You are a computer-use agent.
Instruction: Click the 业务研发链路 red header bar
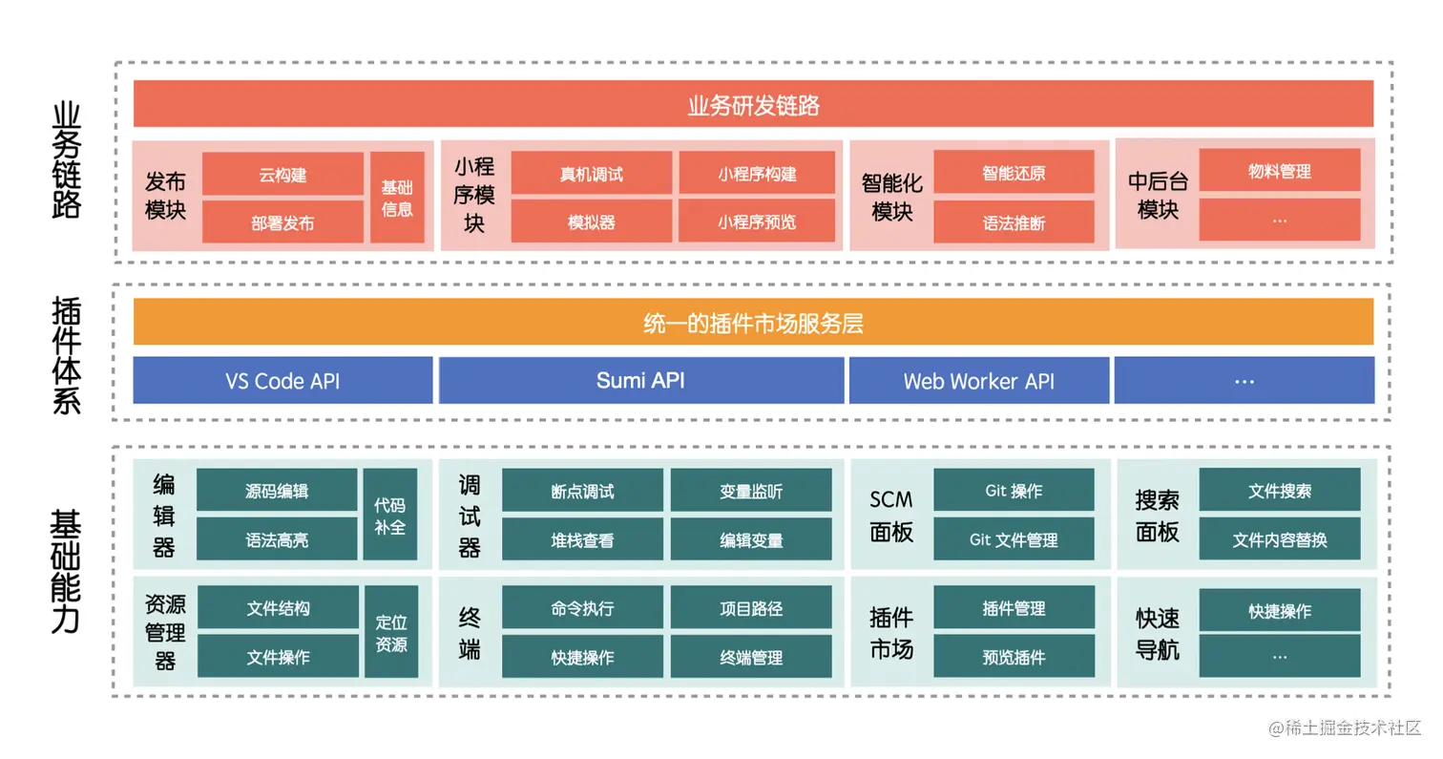point(753,104)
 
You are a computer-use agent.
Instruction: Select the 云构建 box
point(282,175)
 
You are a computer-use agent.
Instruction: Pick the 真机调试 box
point(592,175)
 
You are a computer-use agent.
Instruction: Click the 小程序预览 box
point(757,221)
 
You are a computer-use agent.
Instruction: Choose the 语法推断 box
point(1014,222)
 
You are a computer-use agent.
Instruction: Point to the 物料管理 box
point(1279,172)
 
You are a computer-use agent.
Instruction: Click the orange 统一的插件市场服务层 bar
point(753,323)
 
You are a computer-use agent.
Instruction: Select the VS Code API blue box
point(282,381)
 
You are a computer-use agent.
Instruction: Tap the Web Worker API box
point(978,381)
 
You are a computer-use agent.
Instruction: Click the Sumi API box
point(640,380)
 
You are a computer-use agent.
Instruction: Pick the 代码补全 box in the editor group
point(389,514)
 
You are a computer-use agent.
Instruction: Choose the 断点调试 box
point(582,492)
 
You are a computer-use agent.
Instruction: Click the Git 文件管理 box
point(1014,539)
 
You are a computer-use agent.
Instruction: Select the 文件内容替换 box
point(1279,539)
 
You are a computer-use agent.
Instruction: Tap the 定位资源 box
point(390,632)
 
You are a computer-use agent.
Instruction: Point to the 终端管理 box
point(751,657)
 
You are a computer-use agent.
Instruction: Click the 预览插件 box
point(1014,657)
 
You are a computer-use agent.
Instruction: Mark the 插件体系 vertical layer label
point(66,354)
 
